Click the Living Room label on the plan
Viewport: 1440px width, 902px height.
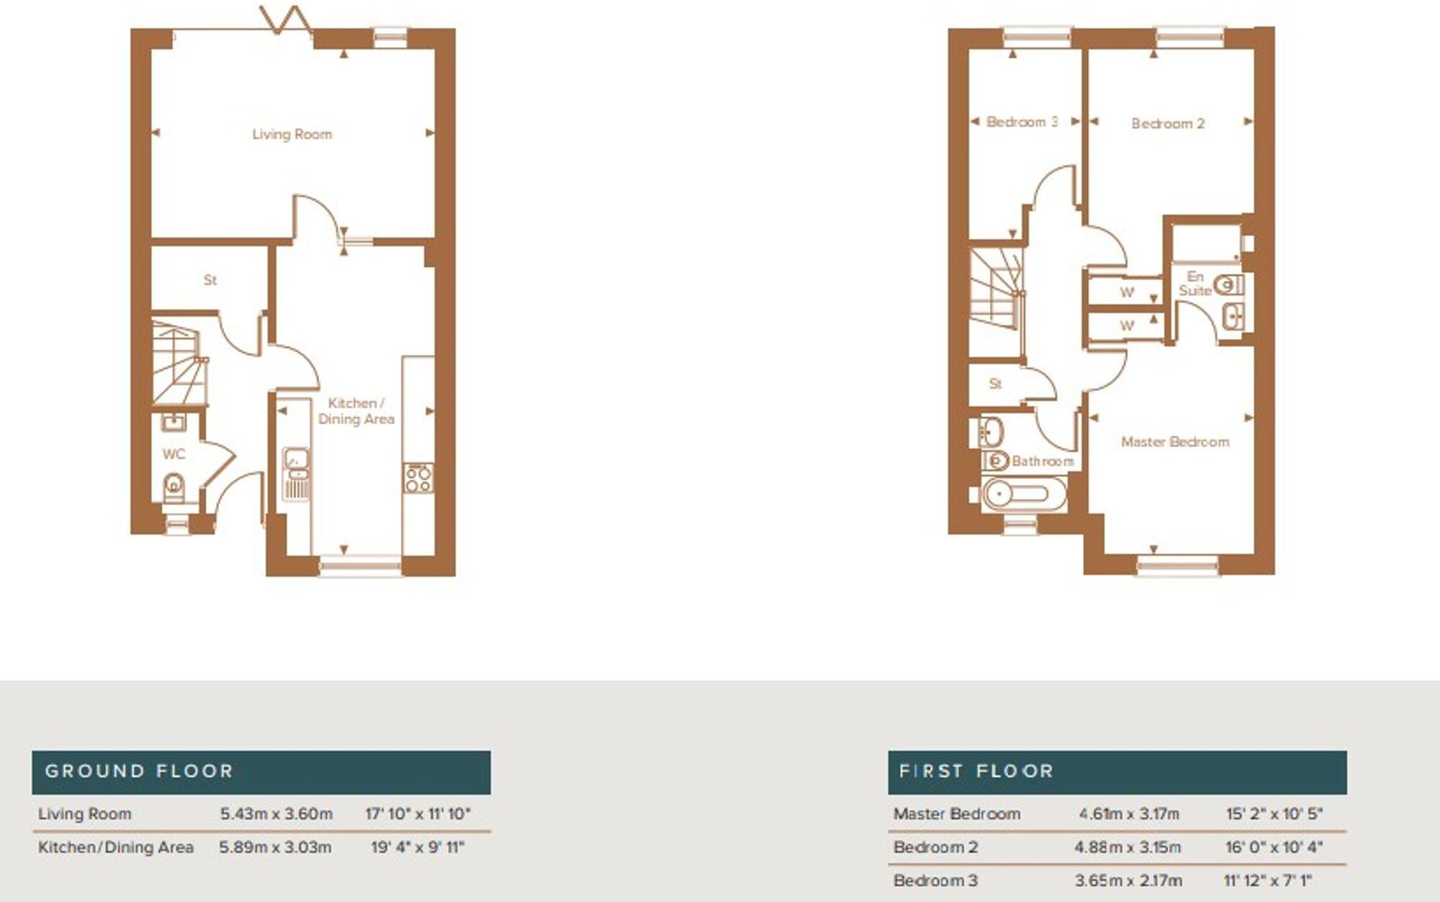coord(292,134)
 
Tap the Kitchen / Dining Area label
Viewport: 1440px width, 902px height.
coord(356,411)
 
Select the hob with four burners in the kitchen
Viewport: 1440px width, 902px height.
coord(418,478)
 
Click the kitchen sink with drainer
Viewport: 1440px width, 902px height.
coord(296,473)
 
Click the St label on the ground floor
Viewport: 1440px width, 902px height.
coord(210,280)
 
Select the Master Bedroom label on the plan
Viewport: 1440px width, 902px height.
coord(1174,442)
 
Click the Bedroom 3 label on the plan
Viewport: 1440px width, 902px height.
coord(1021,122)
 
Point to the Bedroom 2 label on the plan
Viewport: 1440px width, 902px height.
coord(1167,124)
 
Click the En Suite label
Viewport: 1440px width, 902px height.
coord(1194,284)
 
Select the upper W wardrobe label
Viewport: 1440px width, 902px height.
coord(1127,292)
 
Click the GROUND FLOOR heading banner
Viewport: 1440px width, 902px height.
coord(261,772)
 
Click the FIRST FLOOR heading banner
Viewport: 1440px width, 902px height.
coord(1117,772)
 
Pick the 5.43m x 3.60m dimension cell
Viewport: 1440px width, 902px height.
coord(276,814)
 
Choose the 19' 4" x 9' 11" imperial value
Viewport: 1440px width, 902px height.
coord(418,847)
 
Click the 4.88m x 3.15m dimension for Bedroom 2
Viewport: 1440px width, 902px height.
coord(1128,847)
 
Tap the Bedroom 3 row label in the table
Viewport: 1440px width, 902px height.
coord(935,880)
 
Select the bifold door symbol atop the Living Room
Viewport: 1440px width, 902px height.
coord(285,20)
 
